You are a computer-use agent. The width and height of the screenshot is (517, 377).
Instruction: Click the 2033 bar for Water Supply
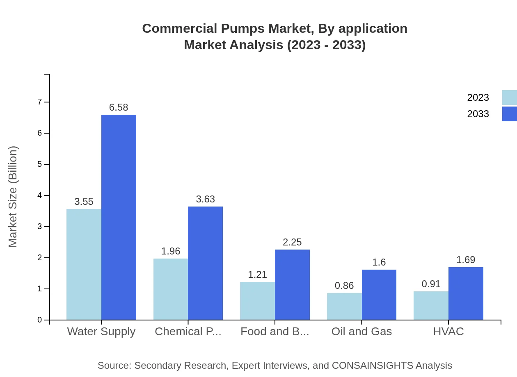(119, 217)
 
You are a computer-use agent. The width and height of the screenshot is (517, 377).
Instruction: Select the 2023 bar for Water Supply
(84, 264)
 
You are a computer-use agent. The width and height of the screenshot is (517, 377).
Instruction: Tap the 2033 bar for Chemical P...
(205, 263)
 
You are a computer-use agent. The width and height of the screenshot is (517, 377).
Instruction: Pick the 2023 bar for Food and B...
(257, 301)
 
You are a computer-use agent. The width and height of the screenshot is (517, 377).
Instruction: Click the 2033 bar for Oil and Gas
(379, 295)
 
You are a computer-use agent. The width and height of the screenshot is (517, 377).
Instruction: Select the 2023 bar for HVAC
(431, 305)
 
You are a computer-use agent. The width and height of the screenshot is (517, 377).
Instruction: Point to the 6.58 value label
(119, 107)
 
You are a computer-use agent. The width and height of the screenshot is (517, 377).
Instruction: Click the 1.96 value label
(171, 251)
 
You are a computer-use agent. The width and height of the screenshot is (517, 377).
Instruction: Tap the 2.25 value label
(292, 242)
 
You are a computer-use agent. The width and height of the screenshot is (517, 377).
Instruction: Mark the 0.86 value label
(344, 286)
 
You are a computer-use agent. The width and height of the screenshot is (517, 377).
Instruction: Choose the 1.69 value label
(466, 260)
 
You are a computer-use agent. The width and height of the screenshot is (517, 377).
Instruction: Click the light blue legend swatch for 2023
(509, 98)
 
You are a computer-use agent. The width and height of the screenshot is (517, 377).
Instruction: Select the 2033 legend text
(478, 114)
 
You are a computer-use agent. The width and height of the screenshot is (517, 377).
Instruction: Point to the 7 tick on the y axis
(40, 102)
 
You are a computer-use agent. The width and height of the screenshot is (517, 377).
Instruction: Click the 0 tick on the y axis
(40, 320)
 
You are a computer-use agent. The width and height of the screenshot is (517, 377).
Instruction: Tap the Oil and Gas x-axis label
(361, 332)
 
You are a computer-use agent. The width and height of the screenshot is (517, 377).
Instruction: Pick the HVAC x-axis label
(448, 332)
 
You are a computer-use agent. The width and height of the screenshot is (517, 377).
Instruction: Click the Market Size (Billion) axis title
(13, 197)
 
